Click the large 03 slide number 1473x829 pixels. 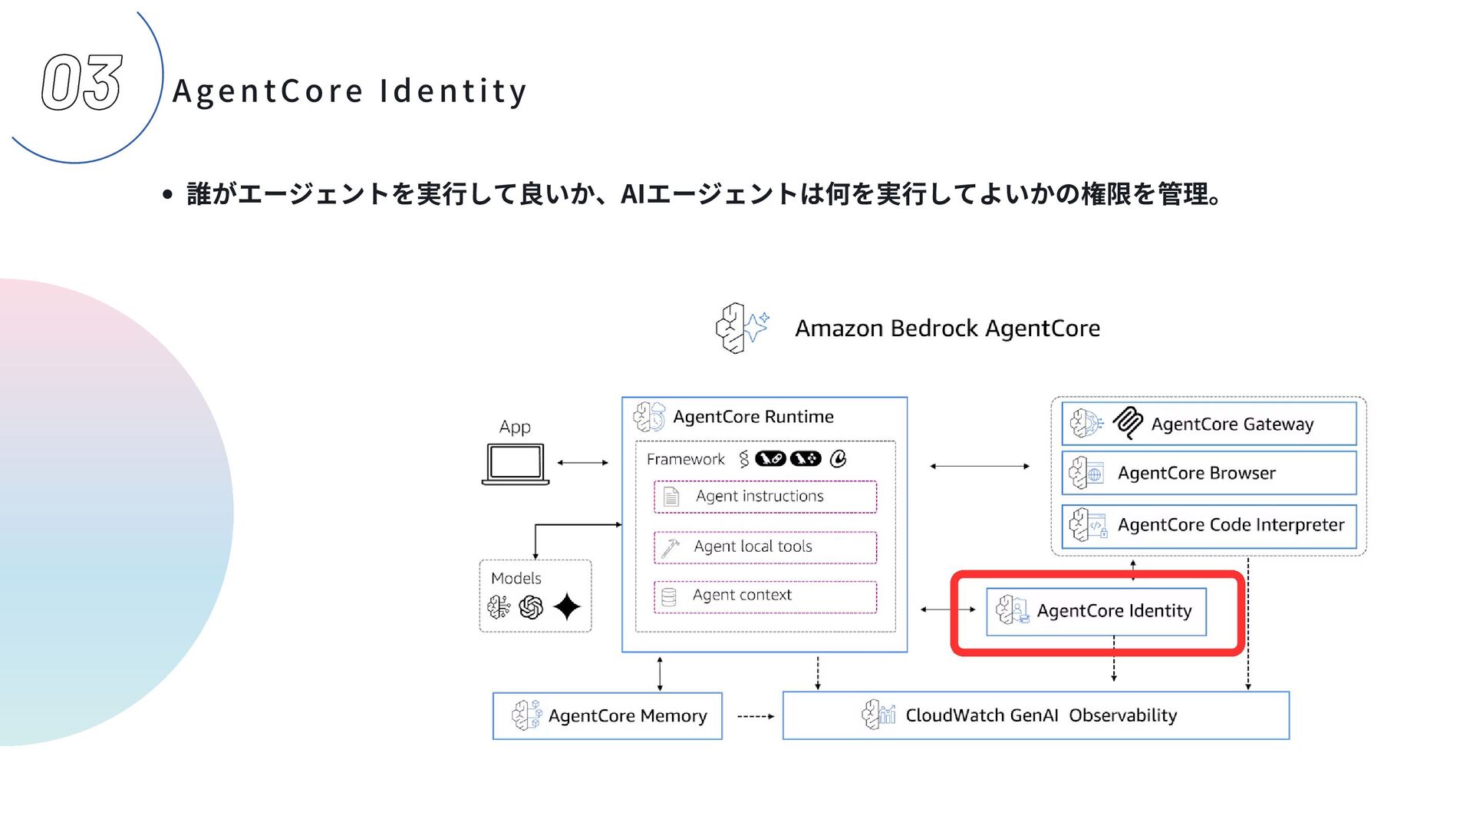[x=81, y=82]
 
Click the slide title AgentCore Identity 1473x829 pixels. [x=350, y=91]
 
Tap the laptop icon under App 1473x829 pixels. [x=515, y=464]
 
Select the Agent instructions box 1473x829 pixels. [x=765, y=497]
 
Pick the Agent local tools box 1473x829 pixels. [x=765, y=547]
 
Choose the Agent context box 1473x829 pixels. [x=765, y=596]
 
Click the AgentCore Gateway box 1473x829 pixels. [x=1208, y=424]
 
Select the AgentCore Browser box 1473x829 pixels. [x=1208, y=473]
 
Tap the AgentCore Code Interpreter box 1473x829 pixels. [x=1208, y=525]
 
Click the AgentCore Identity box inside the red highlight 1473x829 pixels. [x=1096, y=611]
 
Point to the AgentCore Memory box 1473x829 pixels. [x=608, y=716]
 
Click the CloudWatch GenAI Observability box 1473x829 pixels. [x=1036, y=715]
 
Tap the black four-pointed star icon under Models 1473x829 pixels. [x=567, y=607]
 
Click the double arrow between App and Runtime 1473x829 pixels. [x=583, y=463]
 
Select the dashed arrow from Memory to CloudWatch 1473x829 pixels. [x=755, y=716]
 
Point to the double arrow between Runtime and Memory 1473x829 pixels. [x=660, y=673]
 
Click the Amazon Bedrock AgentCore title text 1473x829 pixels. [x=947, y=329]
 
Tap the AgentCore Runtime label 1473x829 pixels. [x=753, y=417]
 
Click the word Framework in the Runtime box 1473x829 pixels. [x=685, y=459]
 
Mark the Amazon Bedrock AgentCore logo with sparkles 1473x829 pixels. [x=741, y=328]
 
